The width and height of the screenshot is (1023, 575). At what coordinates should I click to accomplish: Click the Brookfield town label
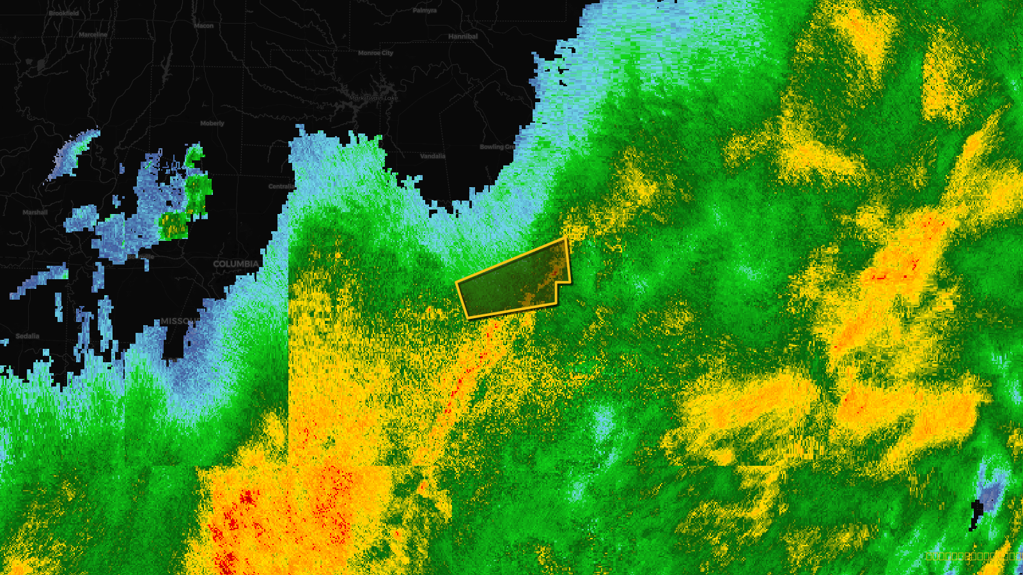[64, 13]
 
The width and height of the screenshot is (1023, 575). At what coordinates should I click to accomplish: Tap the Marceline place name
[93, 34]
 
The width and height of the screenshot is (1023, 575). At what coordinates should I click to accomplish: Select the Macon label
[204, 26]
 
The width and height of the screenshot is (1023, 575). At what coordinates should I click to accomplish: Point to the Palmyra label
[425, 10]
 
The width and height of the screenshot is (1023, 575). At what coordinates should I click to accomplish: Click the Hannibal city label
[463, 36]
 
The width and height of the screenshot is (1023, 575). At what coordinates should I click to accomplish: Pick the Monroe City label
[375, 53]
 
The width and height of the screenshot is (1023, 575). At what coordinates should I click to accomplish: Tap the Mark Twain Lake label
[373, 98]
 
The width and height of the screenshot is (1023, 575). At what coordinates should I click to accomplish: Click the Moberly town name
[212, 123]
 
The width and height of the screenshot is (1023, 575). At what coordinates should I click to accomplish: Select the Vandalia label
[433, 156]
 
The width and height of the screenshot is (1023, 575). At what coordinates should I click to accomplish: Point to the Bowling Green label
[497, 147]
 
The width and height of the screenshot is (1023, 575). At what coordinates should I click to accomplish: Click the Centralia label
[281, 186]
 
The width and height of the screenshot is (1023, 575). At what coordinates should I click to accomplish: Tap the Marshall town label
[35, 212]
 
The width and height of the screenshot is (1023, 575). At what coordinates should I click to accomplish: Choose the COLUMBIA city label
[236, 264]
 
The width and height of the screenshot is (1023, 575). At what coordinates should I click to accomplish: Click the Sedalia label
[27, 336]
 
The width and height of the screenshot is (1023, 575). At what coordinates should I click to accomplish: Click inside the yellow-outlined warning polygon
[511, 281]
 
